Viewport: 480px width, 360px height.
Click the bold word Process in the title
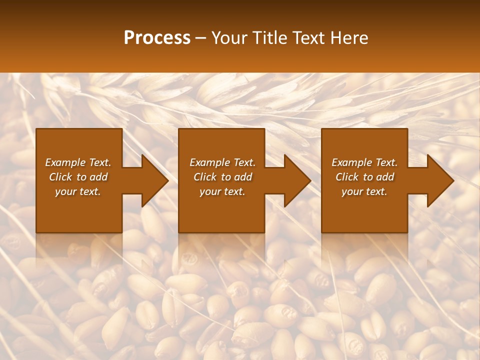point(157,38)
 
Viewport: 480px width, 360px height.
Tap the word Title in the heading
point(267,38)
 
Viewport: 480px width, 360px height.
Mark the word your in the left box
point(65,191)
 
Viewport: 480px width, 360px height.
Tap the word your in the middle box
point(209,191)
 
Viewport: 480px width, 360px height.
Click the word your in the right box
point(351,191)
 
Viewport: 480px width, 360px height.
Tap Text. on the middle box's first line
point(244,162)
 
